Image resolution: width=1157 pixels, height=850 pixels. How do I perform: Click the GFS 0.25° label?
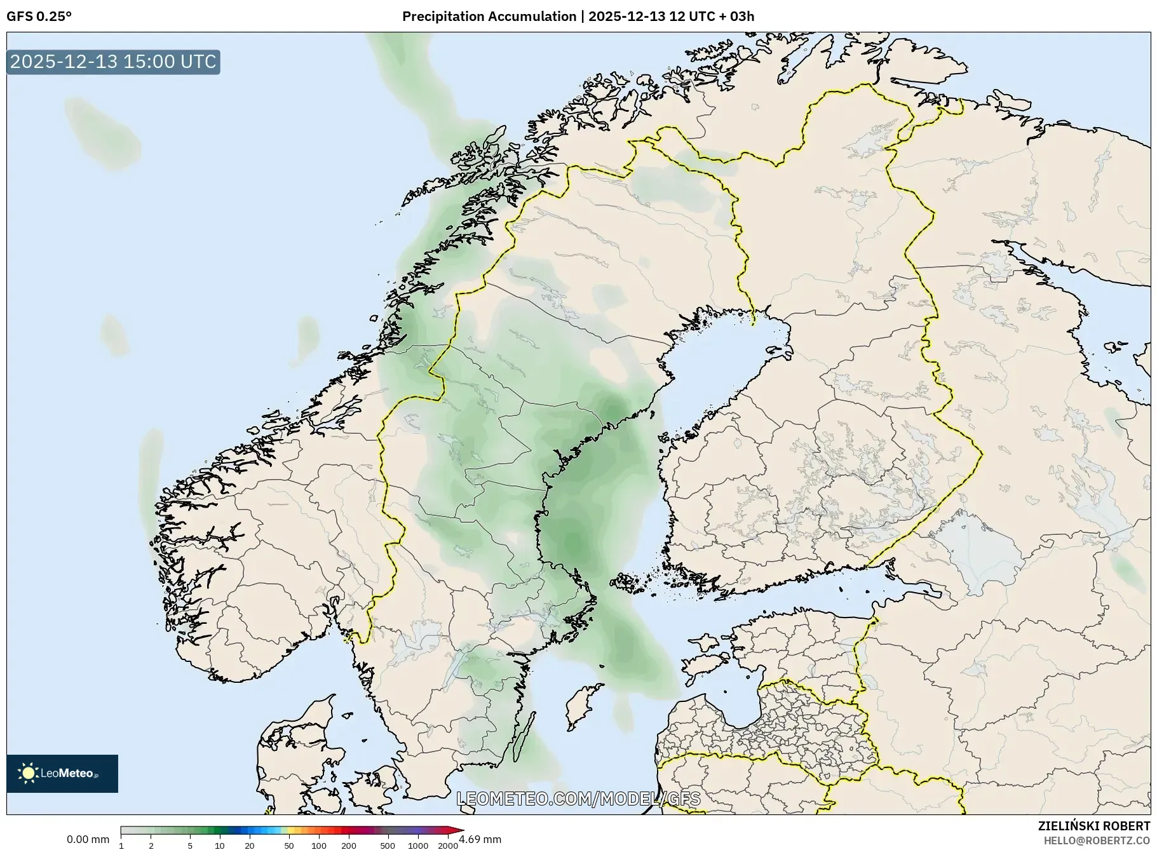pos(39,17)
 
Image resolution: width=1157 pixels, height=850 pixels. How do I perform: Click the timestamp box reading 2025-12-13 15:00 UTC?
pos(113,62)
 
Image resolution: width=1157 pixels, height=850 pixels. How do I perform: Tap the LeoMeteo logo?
pos(62,773)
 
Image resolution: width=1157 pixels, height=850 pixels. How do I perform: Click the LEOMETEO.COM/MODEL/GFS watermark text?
pos(578,799)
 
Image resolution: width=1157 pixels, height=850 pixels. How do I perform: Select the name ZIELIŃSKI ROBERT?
pos(1093,826)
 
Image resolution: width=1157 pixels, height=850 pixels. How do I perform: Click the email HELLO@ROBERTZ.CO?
pos(1096,840)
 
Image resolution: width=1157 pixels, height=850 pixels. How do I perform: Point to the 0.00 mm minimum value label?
pos(88,839)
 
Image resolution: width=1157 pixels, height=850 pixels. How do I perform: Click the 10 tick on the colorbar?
pos(219,845)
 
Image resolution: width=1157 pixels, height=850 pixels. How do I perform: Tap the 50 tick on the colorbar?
pos(289,845)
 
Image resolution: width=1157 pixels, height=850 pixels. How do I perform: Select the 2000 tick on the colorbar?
pos(448,845)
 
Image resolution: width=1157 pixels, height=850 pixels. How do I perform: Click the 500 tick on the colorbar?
pos(388,845)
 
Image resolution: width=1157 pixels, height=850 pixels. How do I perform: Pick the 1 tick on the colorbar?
pos(121,845)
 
